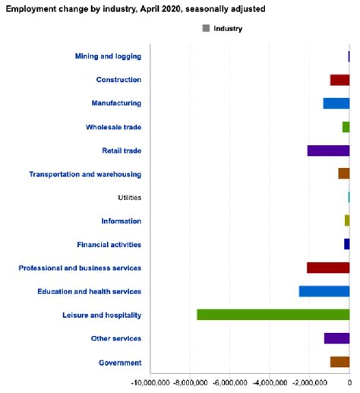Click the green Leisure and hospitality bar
pos(273,315)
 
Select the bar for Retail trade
pos(328,151)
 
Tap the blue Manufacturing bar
pos(336,103)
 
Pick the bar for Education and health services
pos(324,291)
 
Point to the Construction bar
pos(339,80)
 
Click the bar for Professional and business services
pos(328,268)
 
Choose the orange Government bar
pos(339,362)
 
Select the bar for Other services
pos(336,338)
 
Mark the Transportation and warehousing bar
pos(344,173)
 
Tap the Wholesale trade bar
pos(346,127)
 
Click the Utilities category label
pos(129,198)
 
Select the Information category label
pos(121,221)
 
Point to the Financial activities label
pos(109,245)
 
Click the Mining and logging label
pos(108,56)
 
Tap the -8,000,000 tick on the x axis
pos(190,382)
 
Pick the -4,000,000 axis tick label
pos(270,382)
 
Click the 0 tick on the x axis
pos(349,382)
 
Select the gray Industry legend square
pos(206,28)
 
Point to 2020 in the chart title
pos(171,9)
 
